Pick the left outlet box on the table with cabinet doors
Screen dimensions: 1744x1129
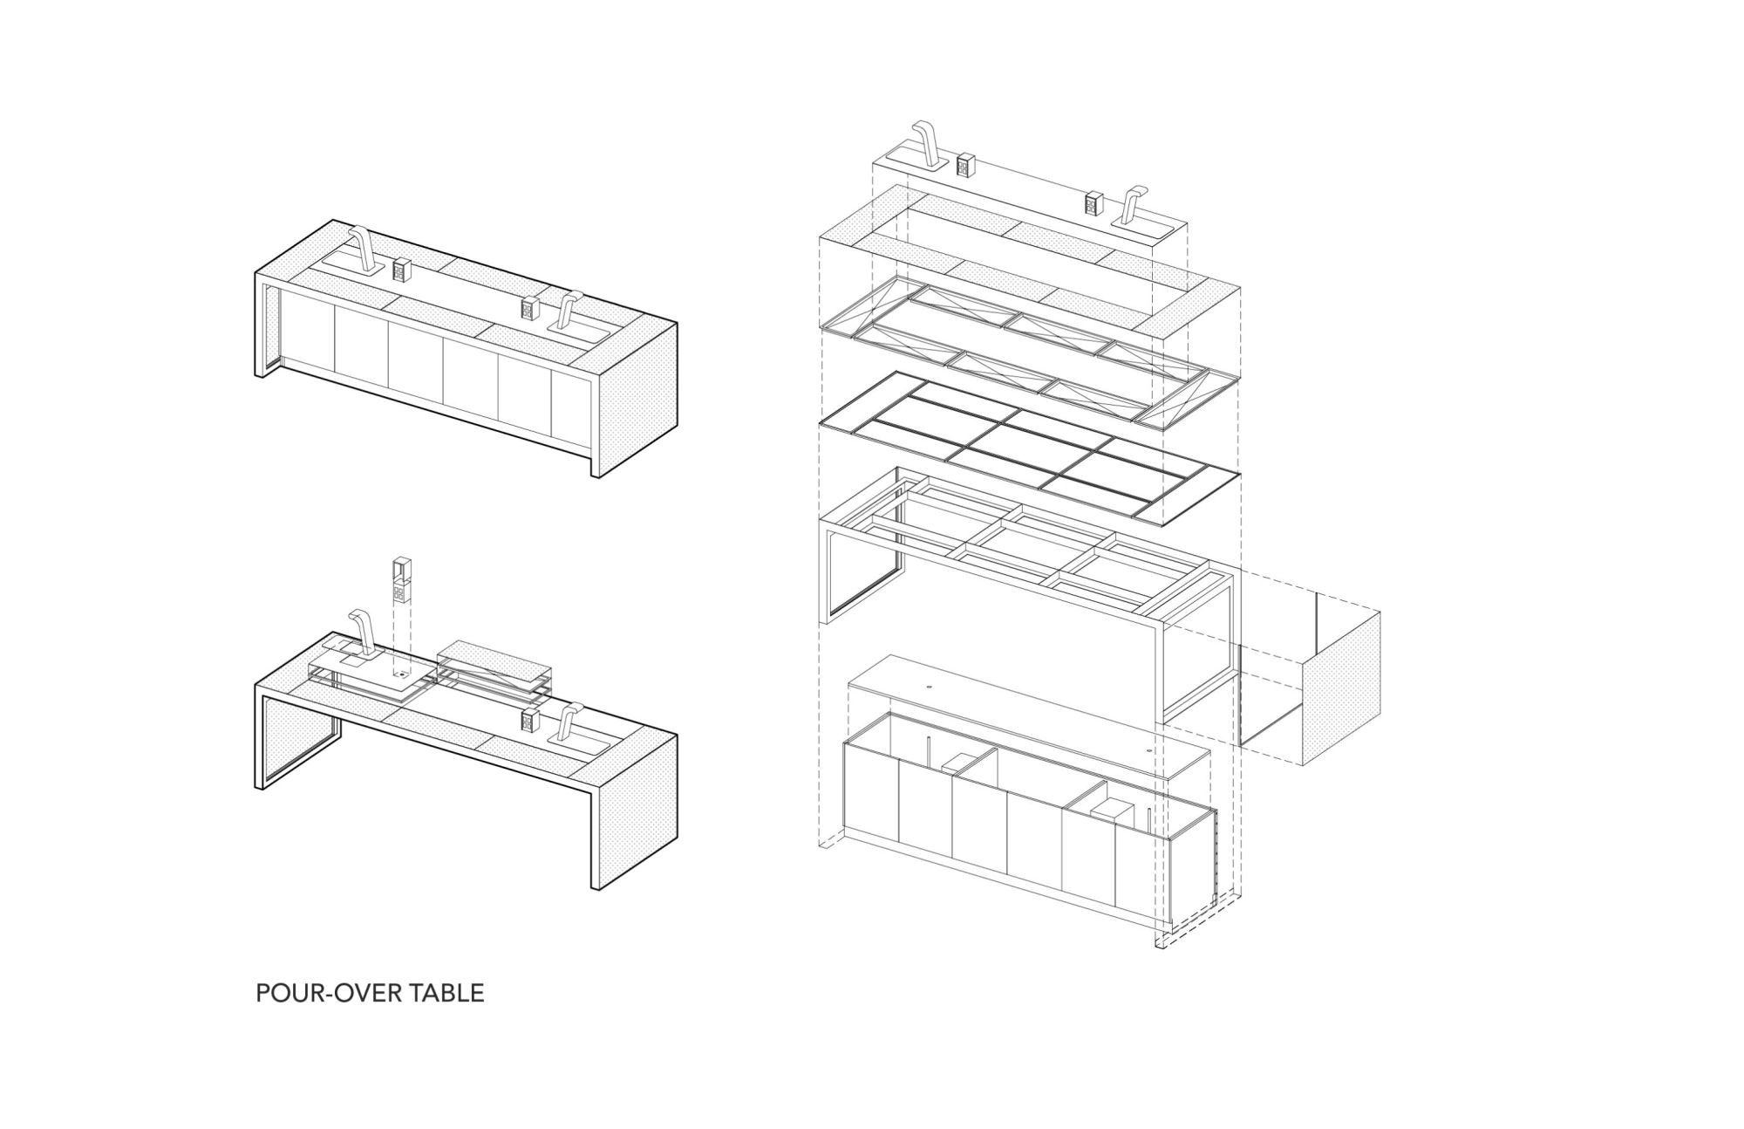(x=401, y=270)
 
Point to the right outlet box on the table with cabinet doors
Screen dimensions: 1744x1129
(x=529, y=310)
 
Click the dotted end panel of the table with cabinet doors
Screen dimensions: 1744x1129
(x=634, y=396)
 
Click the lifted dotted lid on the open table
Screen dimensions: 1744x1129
(x=494, y=662)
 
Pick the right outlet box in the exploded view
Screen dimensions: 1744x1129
(x=1093, y=204)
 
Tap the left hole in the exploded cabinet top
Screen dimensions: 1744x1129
(x=930, y=687)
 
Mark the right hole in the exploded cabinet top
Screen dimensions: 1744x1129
(x=1148, y=749)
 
